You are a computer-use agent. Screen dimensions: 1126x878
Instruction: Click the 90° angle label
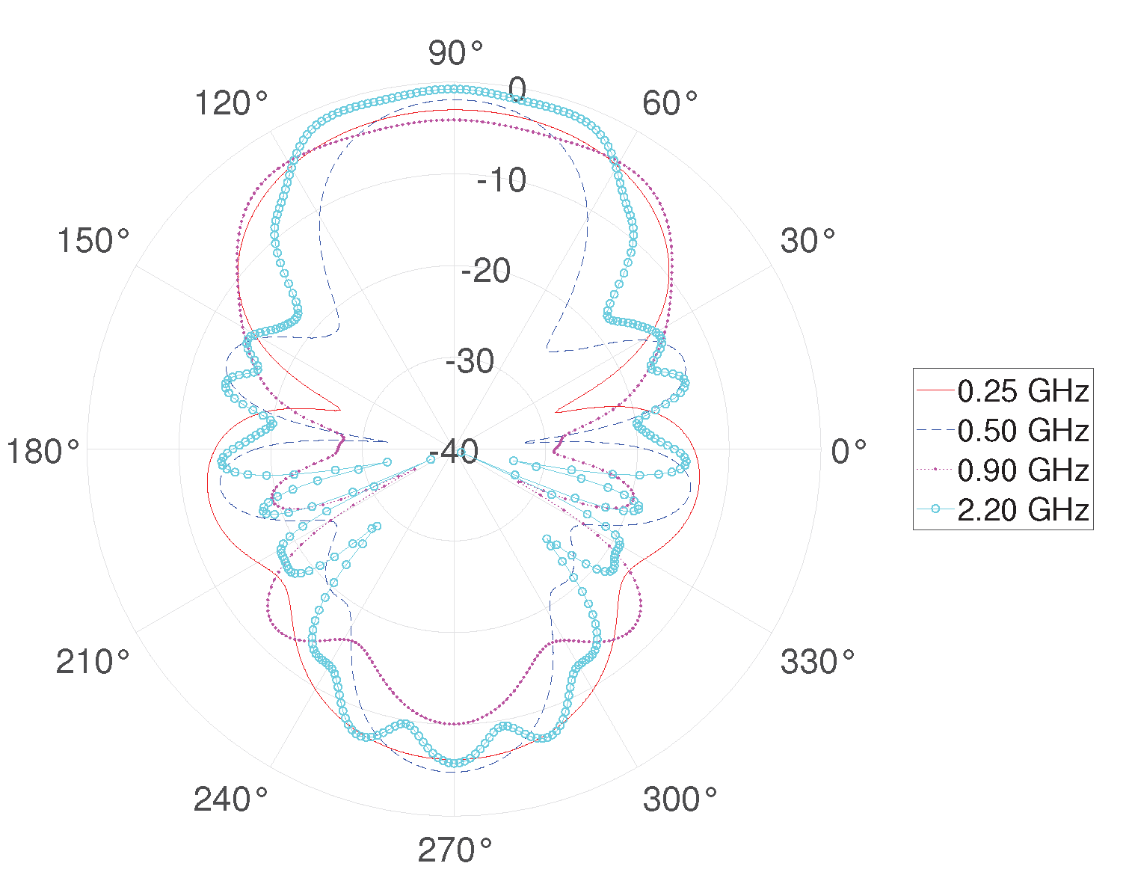(455, 53)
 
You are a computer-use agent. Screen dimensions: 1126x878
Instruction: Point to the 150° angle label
(93, 241)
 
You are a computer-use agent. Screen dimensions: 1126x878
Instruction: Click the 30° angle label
(807, 241)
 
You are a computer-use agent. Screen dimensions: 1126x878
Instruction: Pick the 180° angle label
(43, 451)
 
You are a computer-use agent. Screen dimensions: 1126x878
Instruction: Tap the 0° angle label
(849, 451)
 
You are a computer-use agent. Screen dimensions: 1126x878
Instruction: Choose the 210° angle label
(93, 661)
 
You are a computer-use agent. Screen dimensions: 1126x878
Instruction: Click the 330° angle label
(817, 661)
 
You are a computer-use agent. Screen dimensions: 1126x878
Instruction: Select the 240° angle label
(230, 799)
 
